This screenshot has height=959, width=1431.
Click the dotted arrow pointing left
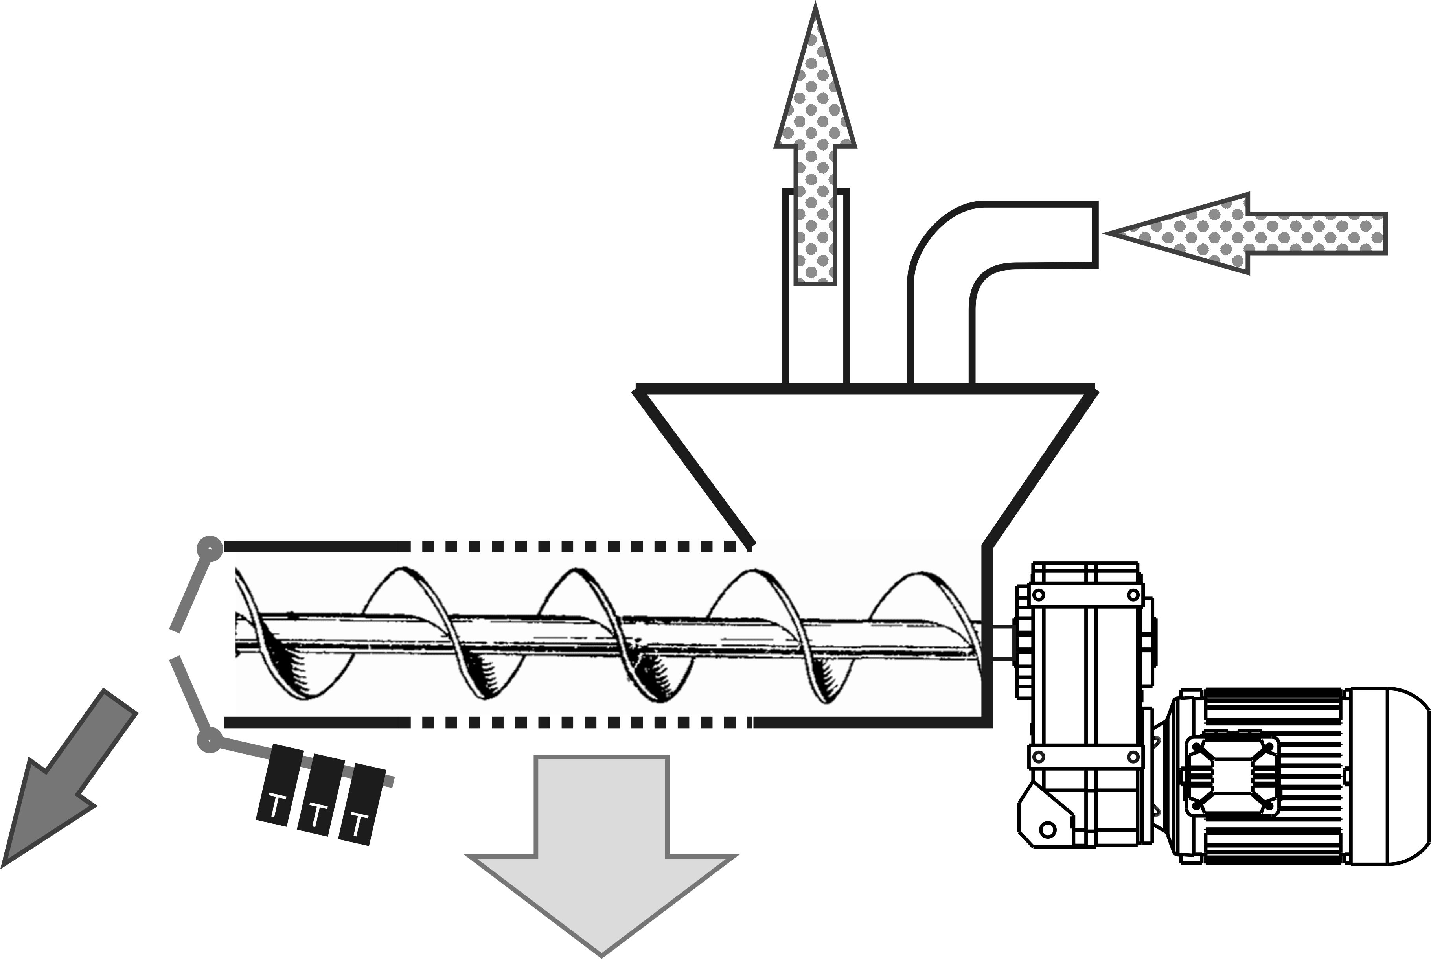pyautogui.click(x=1247, y=234)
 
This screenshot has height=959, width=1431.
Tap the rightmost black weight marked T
pyautogui.click(x=362, y=804)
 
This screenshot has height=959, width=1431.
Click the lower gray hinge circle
pyautogui.click(x=209, y=741)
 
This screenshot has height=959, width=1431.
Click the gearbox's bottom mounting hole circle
pyautogui.click(x=1048, y=829)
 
